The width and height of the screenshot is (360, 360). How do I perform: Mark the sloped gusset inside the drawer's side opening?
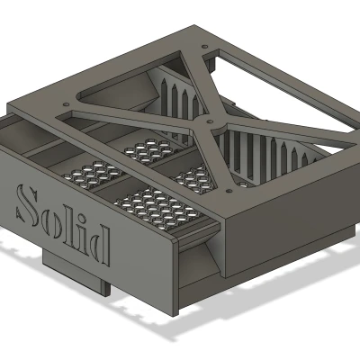click(x=202, y=261)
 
